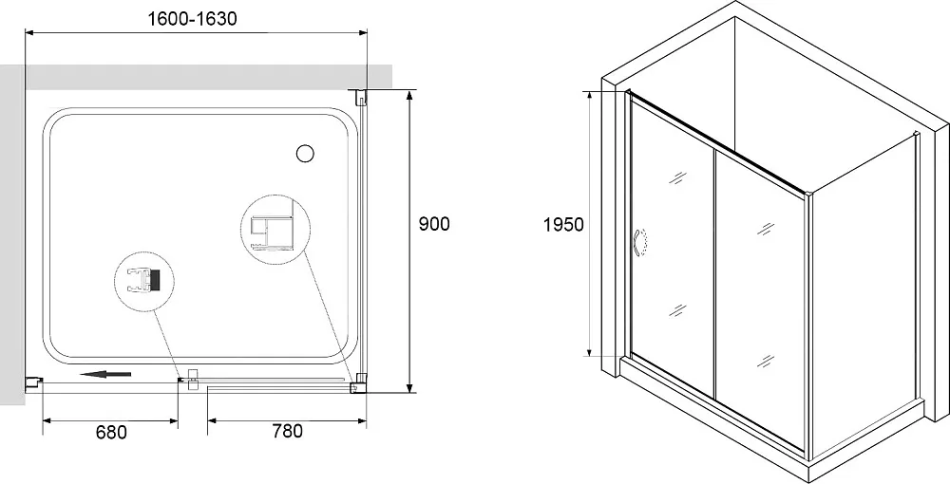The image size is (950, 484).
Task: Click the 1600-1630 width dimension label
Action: [193, 19]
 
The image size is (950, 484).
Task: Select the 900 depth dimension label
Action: [434, 224]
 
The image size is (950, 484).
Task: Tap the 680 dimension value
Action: [111, 432]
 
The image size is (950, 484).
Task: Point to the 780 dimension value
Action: [287, 432]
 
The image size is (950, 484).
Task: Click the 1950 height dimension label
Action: [563, 225]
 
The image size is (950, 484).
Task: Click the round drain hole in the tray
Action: [305, 154]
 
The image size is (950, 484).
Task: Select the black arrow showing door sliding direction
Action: [105, 375]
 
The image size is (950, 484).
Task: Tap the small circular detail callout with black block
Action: [144, 281]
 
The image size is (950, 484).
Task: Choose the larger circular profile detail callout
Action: [275, 230]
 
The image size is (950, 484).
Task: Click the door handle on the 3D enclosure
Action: [639, 243]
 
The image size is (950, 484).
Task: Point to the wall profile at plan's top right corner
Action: [360, 96]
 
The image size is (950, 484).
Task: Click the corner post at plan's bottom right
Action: [360, 384]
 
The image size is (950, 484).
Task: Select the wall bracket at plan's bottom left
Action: [33, 382]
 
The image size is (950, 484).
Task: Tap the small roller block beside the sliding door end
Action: [193, 380]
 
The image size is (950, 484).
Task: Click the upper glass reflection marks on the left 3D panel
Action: [678, 177]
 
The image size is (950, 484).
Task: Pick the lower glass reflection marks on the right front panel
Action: [766, 362]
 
